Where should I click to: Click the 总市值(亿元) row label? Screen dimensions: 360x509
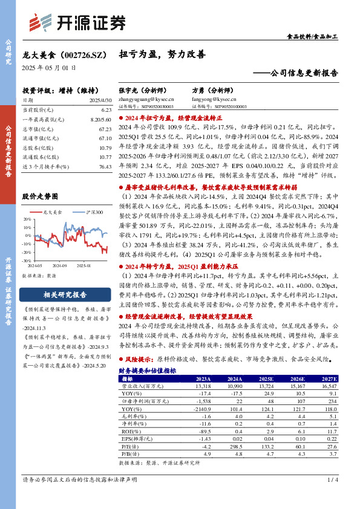[36, 129]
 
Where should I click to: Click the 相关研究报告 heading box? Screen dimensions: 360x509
[65, 295]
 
